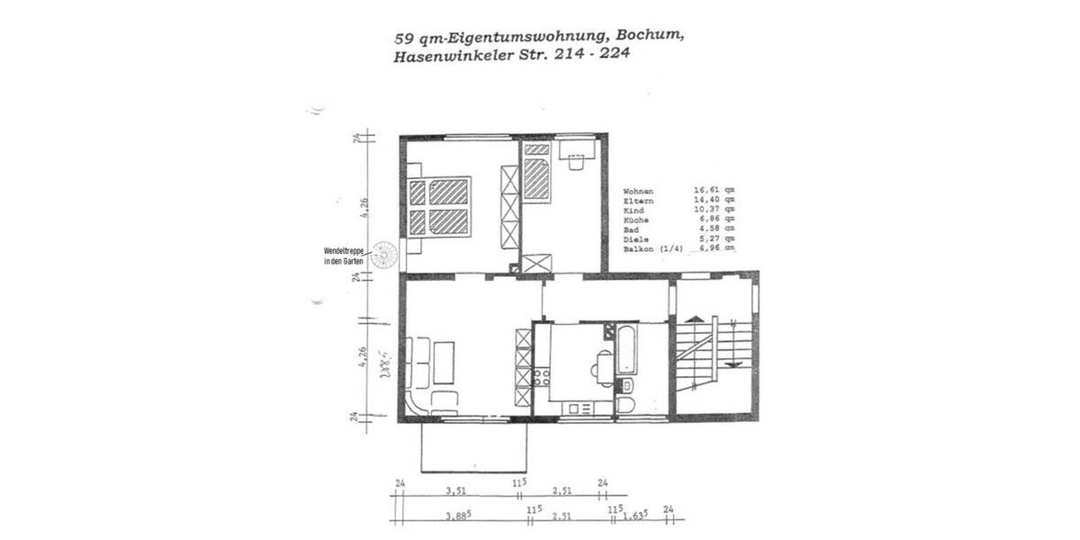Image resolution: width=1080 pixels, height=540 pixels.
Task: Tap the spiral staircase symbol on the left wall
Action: [385, 256]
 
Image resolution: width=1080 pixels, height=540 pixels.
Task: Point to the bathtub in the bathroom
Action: [626, 349]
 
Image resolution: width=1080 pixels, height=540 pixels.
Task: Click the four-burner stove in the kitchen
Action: [542, 375]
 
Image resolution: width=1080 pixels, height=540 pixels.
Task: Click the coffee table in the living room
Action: [445, 361]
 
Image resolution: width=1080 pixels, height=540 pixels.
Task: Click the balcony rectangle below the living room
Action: [474, 445]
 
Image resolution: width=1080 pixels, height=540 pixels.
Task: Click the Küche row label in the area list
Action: [635, 220]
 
